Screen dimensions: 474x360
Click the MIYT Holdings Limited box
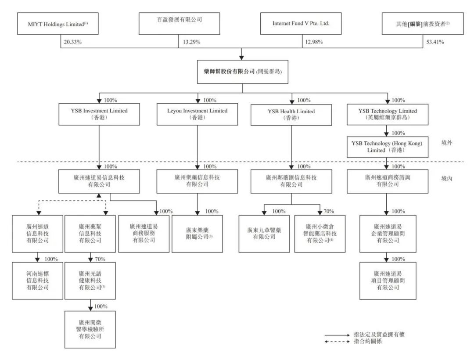tap(58, 24)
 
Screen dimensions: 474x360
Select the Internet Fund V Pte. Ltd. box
tap(301, 24)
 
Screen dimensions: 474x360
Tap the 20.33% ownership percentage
tap(72, 42)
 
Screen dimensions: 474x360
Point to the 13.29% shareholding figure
tap(192, 42)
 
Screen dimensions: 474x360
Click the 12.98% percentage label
tap(314, 42)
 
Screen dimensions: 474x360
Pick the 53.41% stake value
tap(435, 42)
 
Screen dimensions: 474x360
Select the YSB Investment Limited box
tap(99, 114)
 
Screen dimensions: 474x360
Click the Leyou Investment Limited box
tap(197, 114)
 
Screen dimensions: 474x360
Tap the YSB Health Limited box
tap(291, 115)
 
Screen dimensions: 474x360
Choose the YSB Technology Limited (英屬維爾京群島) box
tap(388, 115)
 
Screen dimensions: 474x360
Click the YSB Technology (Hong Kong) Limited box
tap(388, 147)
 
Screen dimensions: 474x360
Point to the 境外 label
tap(447, 143)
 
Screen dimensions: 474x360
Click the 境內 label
tap(447, 178)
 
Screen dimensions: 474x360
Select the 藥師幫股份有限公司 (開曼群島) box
tap(242, 72)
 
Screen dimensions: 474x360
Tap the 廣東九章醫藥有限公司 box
tap(264, 234)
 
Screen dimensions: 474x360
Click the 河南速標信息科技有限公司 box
tap(37, 281)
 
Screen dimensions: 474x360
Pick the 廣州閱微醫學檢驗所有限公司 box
tap(90, 329)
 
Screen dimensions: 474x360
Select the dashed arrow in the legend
tap(337, 342)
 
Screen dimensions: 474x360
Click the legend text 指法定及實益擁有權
tap(379, 334)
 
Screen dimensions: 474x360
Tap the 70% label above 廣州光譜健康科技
tap(100, 259)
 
